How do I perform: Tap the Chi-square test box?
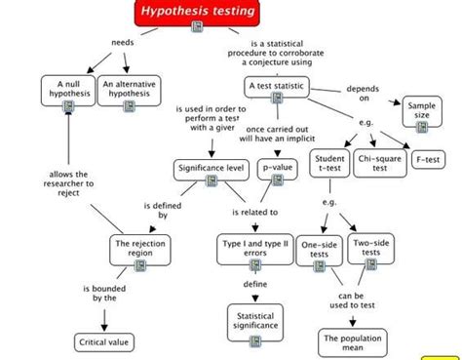[380, 163]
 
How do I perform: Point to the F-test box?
[428, 158]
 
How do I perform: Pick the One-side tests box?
[319, 251]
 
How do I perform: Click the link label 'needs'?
[123, 43]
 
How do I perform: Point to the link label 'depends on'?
[361, 94]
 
